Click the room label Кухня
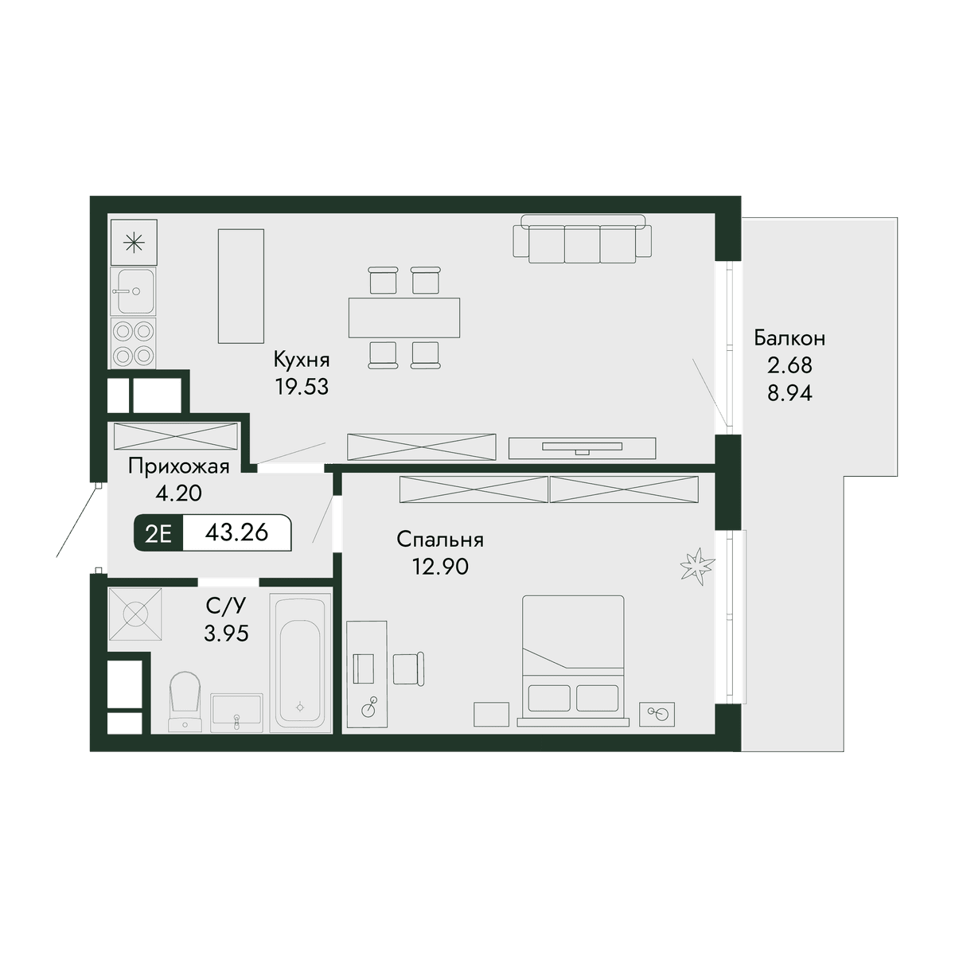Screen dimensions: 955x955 click(x=302, y=360)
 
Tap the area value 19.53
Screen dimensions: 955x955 click(x=302, y=388)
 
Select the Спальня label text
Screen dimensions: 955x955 click(x=440, y=540)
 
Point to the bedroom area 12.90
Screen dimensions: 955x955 click(x=440, y=567)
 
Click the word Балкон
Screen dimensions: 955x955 click(x=789, y=338)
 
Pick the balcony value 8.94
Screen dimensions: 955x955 click(x=789, y=394)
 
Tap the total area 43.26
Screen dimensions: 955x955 click(x=236, y=532)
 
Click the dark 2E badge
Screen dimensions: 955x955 click(x=158, y=533)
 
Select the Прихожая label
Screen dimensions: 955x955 click(x=178, y=466)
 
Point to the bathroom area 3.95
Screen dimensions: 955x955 click(x=226, y=633)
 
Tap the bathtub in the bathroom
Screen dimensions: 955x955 click(x=300, y=663)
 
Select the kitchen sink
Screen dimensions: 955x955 click(x=134, y=292)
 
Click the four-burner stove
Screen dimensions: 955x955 click(x=134, y=343)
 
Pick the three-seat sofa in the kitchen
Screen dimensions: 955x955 click(x=583, y=238)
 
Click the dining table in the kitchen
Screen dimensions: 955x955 click(x=404, y=318)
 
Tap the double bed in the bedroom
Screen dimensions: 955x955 click(x=573, y=661)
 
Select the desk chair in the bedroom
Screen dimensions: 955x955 click(x=409, y=668)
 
